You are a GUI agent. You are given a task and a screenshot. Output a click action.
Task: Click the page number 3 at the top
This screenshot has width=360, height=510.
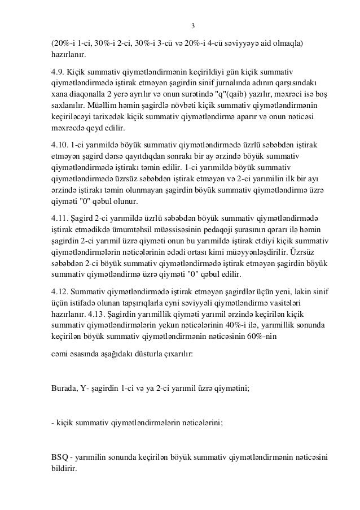pos(194,26)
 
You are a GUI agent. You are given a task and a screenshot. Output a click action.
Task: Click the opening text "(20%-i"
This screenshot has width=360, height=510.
pos(62,43)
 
